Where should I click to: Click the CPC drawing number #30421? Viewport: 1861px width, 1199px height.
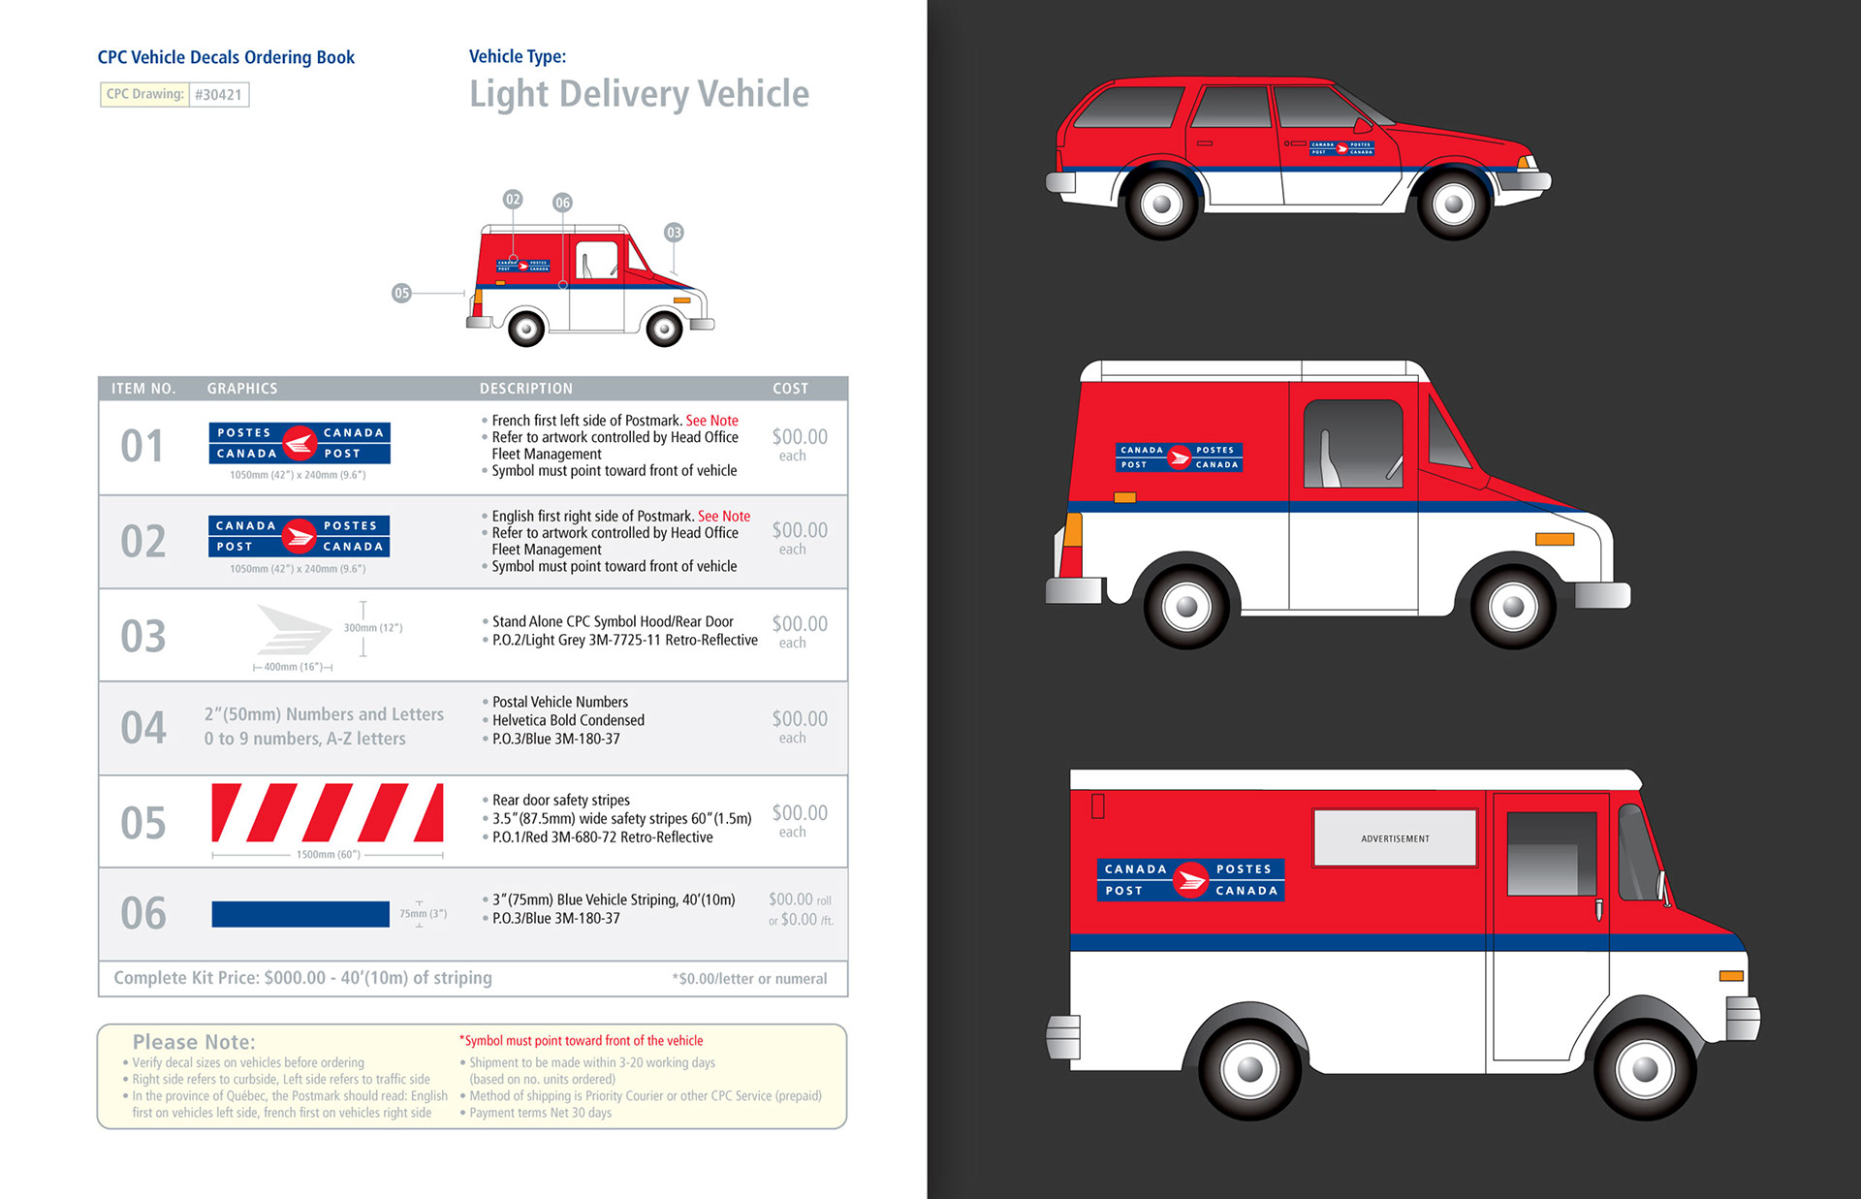(218, 95)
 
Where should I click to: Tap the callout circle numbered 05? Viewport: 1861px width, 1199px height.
(401, 293)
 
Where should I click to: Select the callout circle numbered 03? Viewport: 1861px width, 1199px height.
(674, 233)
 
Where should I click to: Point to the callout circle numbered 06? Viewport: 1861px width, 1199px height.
(562, 203)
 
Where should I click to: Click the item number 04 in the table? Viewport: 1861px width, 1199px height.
(142, 729)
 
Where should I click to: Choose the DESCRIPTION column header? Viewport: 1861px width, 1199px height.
(525, 389)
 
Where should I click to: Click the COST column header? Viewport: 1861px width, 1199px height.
(790, 389)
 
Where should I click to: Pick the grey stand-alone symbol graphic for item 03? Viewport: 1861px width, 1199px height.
(294, 630)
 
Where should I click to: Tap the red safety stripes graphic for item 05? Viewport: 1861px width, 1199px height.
(328, 812)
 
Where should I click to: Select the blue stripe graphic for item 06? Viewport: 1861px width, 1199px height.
(300, 914)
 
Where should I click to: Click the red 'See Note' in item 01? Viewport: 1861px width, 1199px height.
(711, 421)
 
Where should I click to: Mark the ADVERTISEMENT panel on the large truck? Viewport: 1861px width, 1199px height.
(1395, 838)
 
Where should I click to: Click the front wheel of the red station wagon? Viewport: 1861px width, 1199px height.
(1453, 205)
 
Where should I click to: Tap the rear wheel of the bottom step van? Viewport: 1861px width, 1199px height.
(1249, 1069)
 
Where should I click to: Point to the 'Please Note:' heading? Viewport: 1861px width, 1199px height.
(194, 1042)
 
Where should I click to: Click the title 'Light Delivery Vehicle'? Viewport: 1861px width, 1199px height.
(639, 94)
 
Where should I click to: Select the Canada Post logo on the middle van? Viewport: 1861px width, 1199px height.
(1179, 458)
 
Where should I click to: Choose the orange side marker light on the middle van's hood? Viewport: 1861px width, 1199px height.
(1554, 539)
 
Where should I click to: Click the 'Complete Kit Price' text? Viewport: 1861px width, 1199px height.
(302, 978)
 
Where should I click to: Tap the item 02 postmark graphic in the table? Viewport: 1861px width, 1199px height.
(299, 536)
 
